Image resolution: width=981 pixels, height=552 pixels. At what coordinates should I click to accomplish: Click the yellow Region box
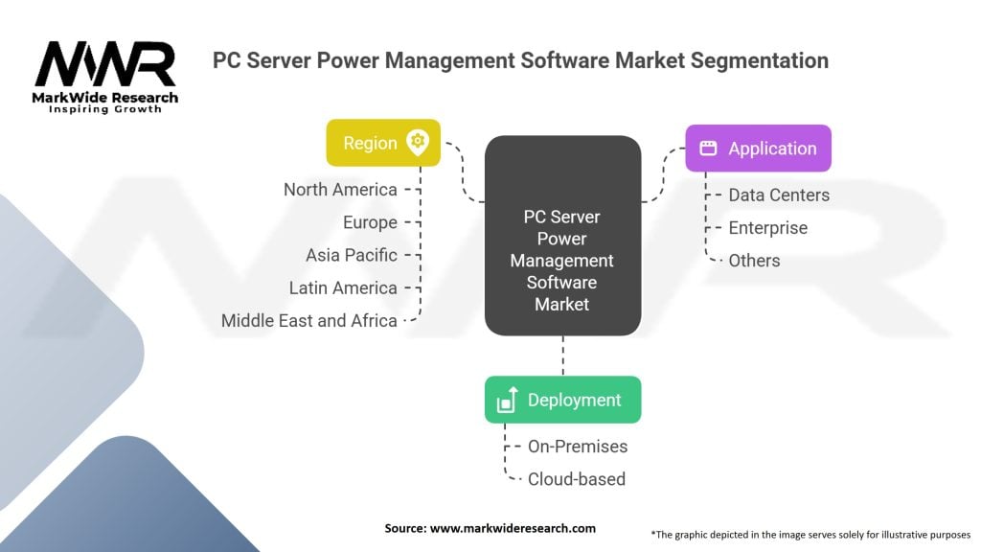tap(382, 143)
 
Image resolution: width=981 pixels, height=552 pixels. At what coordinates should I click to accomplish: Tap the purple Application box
tap(757, 149)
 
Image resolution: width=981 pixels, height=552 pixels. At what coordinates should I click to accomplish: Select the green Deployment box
tap(562, 400)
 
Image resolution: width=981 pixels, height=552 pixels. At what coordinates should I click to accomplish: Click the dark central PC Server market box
tap(562, 236)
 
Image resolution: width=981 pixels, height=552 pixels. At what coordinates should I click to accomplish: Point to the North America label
tap(340, 190)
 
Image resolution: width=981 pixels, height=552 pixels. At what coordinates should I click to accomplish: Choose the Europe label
tap(370, 222)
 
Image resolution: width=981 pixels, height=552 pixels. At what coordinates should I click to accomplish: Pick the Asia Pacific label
tap(352, 255)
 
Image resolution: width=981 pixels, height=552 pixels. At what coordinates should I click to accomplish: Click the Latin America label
tap(343, 287)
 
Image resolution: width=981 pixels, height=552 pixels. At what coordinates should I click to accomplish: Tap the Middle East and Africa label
tap(308, 320)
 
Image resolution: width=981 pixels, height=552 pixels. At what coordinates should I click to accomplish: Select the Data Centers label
tap(779, 195)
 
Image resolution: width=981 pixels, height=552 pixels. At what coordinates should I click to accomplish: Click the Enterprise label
tap(767, 227)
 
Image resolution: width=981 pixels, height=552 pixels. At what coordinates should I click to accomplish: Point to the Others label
tap(754, 260)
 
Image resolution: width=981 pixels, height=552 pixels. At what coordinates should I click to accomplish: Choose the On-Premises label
tap(578, 446)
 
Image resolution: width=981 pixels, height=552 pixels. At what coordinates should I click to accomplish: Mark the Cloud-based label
tap(576, 478)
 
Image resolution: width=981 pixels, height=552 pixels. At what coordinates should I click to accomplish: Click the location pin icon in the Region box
tap(418, 143)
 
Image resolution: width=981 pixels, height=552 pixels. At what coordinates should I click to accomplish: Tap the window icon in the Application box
tap(708, 149)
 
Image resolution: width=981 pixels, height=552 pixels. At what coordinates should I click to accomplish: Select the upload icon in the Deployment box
tap(508, 401)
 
